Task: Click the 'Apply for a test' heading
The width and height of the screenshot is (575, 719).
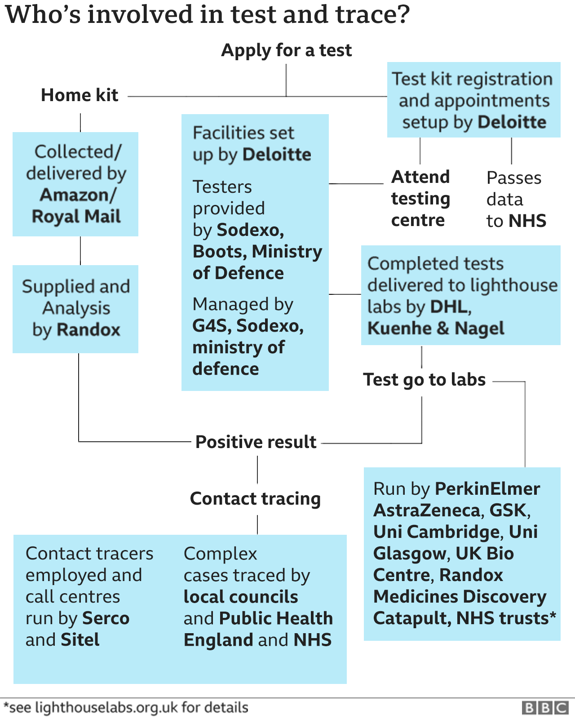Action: click(286, 50)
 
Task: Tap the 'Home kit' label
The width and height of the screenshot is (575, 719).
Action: click(80, 95)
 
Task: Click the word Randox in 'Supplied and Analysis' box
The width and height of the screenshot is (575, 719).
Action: click(88, 330)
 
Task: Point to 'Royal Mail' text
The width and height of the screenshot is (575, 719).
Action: click(76, 217)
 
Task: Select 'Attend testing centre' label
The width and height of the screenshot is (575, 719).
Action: click(420, 199)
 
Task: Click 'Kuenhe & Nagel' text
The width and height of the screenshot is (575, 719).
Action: click(436, 328)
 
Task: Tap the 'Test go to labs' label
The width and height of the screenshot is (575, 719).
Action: click(425, 380)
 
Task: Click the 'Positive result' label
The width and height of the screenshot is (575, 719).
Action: click(256, 442)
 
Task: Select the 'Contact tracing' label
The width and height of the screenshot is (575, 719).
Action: click(255, 499)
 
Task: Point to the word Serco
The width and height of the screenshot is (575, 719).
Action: click(106, 619)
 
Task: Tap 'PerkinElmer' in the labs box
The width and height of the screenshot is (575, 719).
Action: click(487, 489)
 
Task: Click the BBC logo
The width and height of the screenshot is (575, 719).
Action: click(545, 708)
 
